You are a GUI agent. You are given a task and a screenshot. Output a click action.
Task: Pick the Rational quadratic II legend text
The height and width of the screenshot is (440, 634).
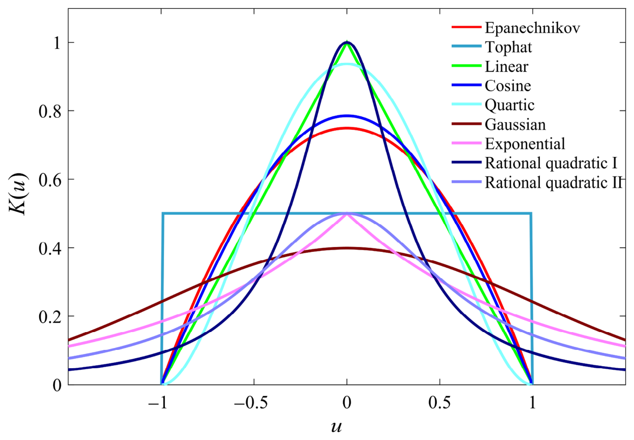[554, 183]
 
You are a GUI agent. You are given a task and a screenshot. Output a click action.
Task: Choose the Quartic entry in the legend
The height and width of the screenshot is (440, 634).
[510, 105]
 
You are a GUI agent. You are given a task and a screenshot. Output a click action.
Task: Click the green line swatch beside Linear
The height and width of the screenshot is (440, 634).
[466, 66]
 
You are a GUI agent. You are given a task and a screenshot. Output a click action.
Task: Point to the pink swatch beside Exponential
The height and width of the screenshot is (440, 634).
[466, 144]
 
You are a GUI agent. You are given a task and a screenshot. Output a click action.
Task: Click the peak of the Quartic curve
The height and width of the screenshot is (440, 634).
[347, 64]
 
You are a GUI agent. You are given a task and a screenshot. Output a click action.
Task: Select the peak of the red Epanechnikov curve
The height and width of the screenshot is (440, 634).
[347, 128]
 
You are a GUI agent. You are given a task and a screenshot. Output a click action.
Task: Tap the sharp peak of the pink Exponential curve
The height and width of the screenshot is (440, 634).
[347, 214]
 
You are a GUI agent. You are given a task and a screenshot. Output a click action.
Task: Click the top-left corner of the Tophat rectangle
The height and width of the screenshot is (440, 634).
[163, 213]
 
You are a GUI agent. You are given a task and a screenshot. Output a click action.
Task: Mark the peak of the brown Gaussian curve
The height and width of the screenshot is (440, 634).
[347, 248]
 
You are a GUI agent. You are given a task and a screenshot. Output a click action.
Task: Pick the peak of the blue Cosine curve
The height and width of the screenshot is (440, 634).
[347, 116]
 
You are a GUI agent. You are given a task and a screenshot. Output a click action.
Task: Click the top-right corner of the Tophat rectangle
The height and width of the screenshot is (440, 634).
[531, 213]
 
